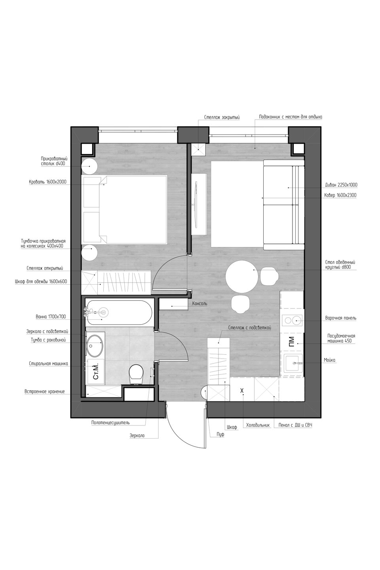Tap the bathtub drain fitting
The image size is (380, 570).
(x=103, y=311)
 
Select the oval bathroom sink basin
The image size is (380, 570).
(x=95, y=346)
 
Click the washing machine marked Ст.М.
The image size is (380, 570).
(x=96, y=372)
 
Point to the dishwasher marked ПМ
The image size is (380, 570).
(x=292, y=342)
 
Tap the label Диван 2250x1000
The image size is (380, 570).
(x=341, y=185)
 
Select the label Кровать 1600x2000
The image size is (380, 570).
(x=47, y=182)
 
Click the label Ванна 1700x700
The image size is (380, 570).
(x=51, y=317)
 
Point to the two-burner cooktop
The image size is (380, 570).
(x=292, y=321)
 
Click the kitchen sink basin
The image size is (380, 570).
(x=293, y=363)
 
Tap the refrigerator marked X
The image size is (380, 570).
(x=242, y=389)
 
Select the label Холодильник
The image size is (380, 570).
(x=258, y=425)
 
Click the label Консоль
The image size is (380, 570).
(x=199, y=303)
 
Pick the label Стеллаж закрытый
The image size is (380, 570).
(x=222, y=117)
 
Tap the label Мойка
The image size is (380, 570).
(x=329, y=360)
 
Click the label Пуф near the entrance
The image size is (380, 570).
(x=220, y=434)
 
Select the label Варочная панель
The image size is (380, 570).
(x=340, y=318)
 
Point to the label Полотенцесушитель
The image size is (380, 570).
(x=110, y=423)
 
